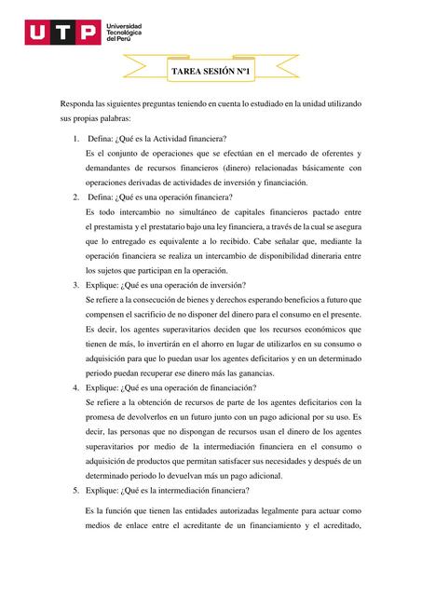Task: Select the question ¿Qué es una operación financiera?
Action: point(174,197)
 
